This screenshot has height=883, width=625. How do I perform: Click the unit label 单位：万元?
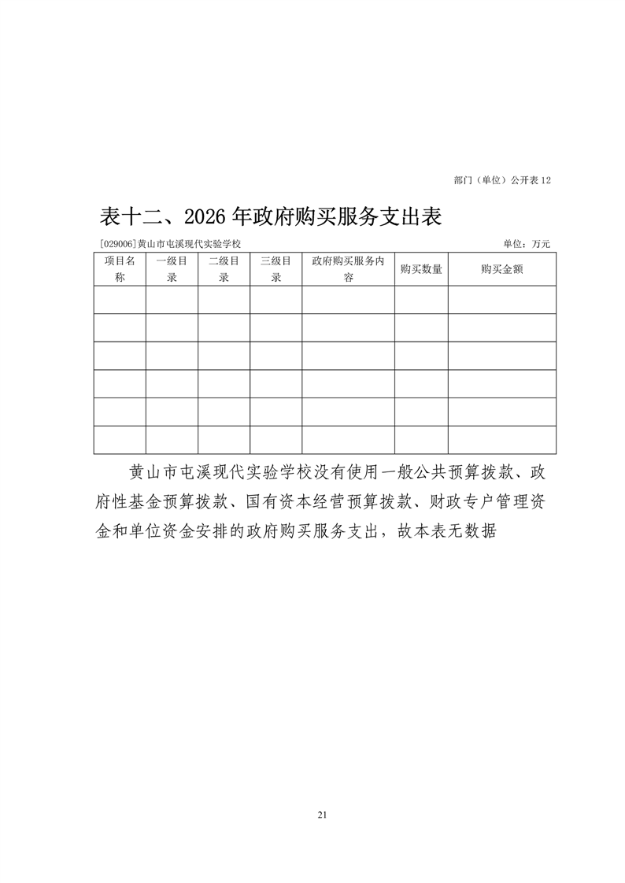pyautogui.click(x=527, y=245)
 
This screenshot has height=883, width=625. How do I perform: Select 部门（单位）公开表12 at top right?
pyautogui.click(x=502, y=180)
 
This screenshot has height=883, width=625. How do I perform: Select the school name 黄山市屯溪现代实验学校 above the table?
pyautogui.click(x=188, y=245)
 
